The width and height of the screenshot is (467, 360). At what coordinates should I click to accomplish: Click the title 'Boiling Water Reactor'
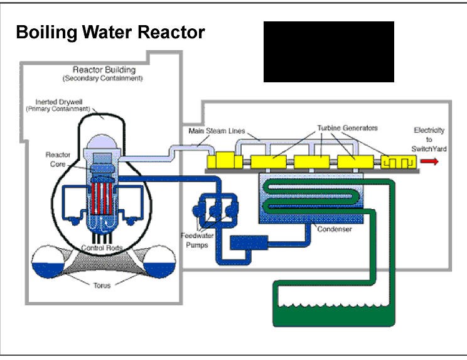(x=110, y=32)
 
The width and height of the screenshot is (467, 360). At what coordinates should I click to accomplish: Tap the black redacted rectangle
(x=328, y=52)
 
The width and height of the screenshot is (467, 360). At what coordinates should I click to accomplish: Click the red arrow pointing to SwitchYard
(x=429, y=161)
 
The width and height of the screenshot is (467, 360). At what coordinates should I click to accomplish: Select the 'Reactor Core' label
(x=57, y=158)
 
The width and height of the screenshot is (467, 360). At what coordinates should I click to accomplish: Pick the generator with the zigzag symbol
(x=398, y=161)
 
